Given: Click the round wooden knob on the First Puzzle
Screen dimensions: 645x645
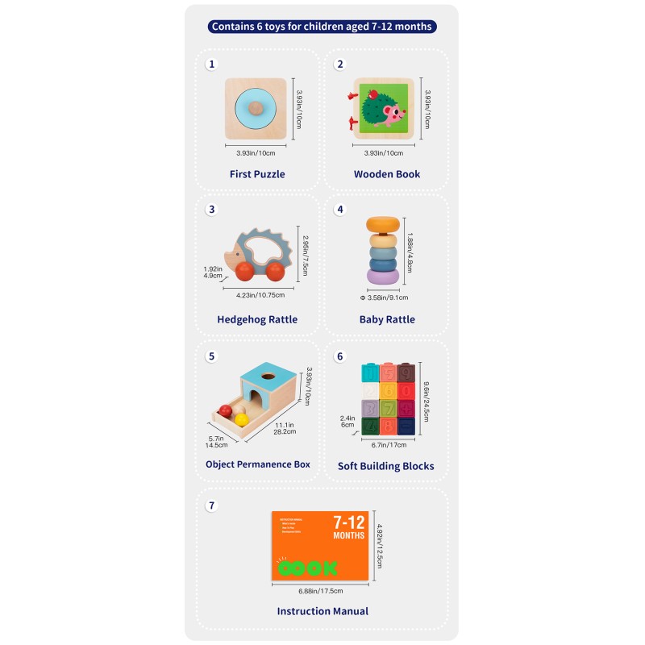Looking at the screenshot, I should coord(255,108).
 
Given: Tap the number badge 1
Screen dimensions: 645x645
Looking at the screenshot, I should coord(212,64).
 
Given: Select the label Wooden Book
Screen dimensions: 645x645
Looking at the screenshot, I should coord(387,174).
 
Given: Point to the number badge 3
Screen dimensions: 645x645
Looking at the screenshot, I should coord(212,209).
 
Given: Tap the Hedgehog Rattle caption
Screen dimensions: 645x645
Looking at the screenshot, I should coord(257,319).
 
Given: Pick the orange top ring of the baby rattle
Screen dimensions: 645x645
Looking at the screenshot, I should coord(382,225).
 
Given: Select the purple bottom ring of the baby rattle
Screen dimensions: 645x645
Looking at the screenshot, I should coord(382,276).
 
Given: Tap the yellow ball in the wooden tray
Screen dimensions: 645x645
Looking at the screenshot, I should coord(243,410).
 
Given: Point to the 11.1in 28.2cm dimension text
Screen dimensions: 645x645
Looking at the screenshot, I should coord(285,427).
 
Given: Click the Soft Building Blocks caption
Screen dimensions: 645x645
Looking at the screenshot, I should coord(386,466).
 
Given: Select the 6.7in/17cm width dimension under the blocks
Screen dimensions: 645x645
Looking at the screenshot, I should coord(389,443).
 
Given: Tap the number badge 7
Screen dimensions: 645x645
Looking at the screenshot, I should coord(212,506).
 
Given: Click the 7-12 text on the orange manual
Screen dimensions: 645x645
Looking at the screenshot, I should coord(349,522).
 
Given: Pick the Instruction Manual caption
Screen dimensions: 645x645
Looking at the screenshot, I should coord(322,611).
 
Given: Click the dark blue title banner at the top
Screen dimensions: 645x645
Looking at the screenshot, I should coord(322,27).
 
